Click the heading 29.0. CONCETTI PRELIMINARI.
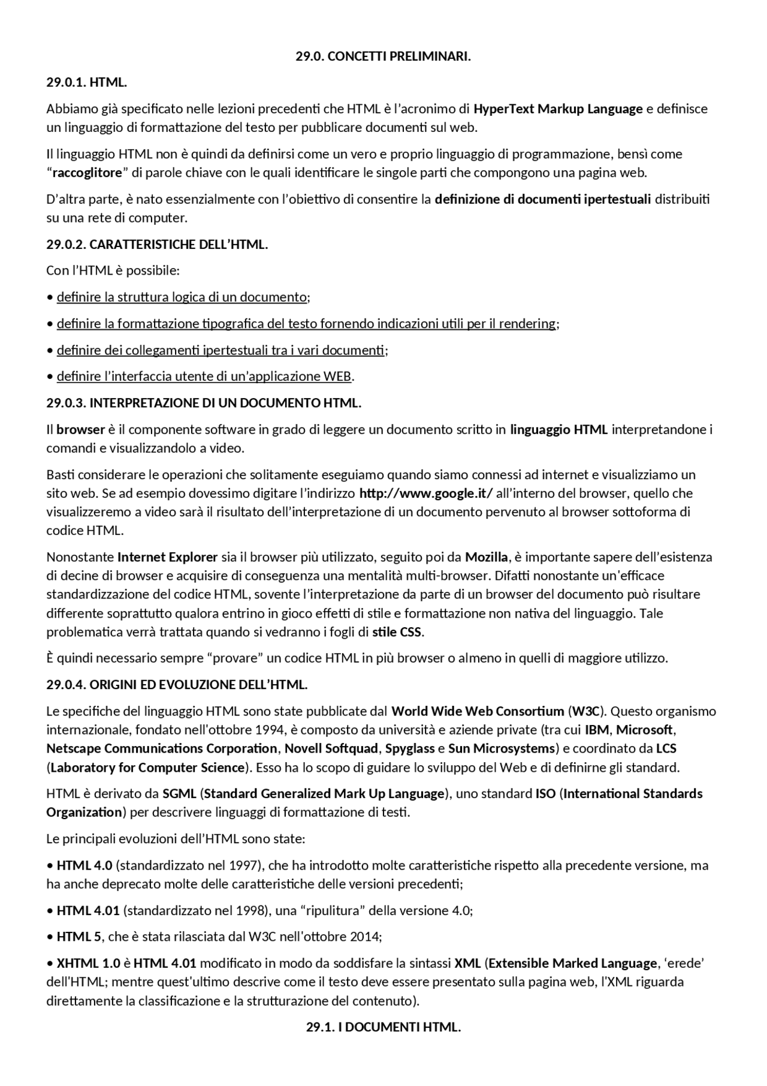coord(383,56)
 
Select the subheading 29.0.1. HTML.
coord(86,83)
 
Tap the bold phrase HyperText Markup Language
coord(558,109)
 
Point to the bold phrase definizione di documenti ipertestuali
coord(542,199)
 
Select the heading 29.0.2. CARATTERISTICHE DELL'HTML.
coord(157,245)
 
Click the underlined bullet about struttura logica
coord(182,297)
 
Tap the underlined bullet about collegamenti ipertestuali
coord(220,350)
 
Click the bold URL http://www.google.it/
coord(425,494)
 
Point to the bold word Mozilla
coord(487,557)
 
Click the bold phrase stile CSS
coord(397,632)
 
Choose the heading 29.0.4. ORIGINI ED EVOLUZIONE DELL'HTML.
coord(177,685)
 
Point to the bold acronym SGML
coord(179,794)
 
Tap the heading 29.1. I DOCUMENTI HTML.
coord(383,1027)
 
